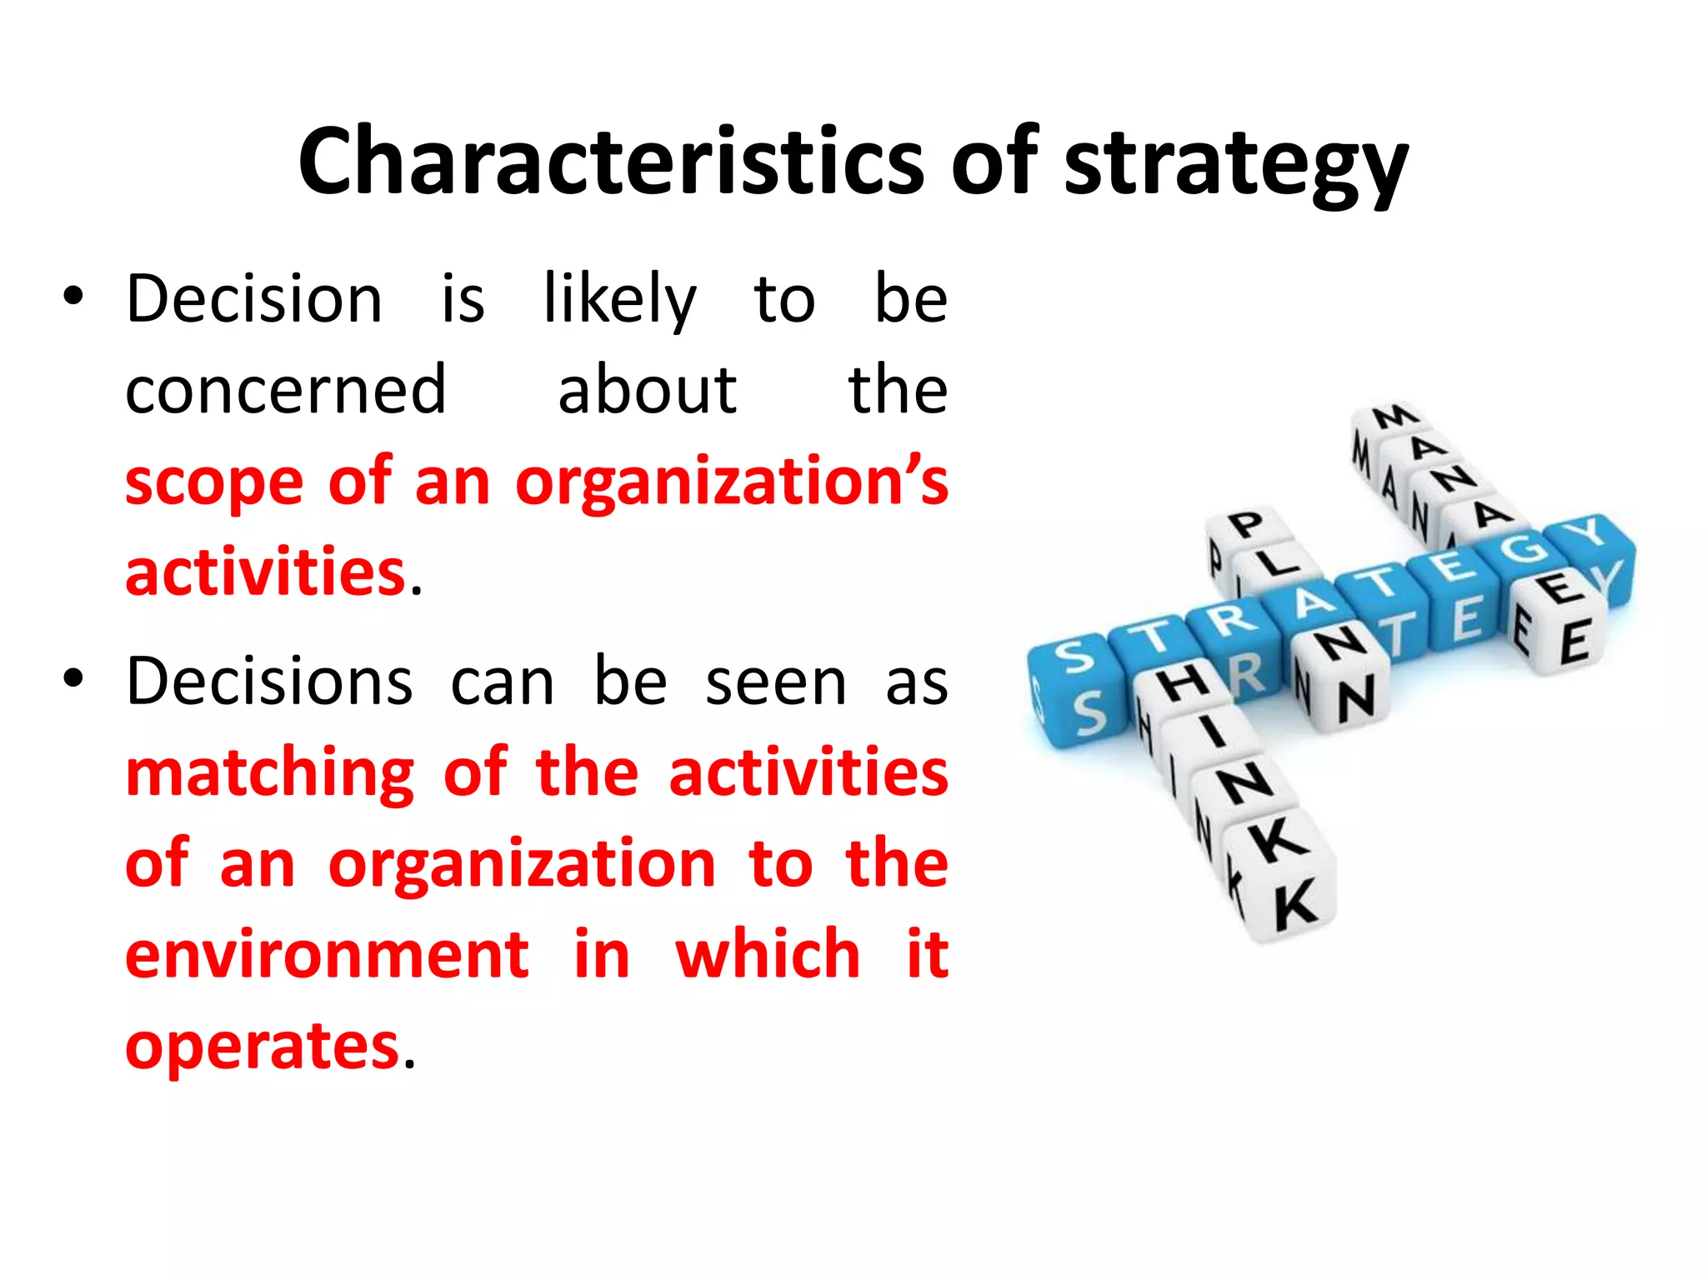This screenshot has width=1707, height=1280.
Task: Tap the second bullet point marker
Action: point(73,679)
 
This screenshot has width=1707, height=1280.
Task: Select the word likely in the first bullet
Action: point(619,300)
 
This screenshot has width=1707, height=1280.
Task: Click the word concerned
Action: point(286,390)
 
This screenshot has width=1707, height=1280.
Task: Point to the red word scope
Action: point(214,483)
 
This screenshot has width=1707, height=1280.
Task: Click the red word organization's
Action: point(731,483)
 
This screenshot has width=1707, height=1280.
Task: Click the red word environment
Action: point(327,955)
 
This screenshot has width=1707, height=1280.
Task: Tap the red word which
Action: point(768,955)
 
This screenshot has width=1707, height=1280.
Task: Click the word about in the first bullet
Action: point(647,390)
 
